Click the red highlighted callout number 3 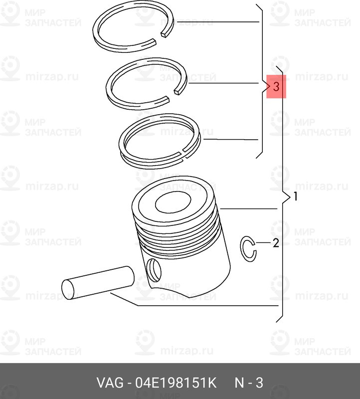[x=276, y=86]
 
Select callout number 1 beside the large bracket [x=295, y=197]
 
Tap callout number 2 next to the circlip [x=276, y=243]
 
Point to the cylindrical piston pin [x=98, y=282]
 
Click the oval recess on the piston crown [x=173, y=202]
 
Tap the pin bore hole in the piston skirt [x=154, y=270]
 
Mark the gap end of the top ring [x=165, y=34]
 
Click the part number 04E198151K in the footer [x=176, y=383]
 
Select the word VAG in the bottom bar [x=110, y=383]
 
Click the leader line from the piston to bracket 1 [x=249, y=208]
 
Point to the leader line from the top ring [x=218, y=22]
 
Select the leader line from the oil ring [x=231, y=140]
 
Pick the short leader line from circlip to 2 [x=263, y=243]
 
